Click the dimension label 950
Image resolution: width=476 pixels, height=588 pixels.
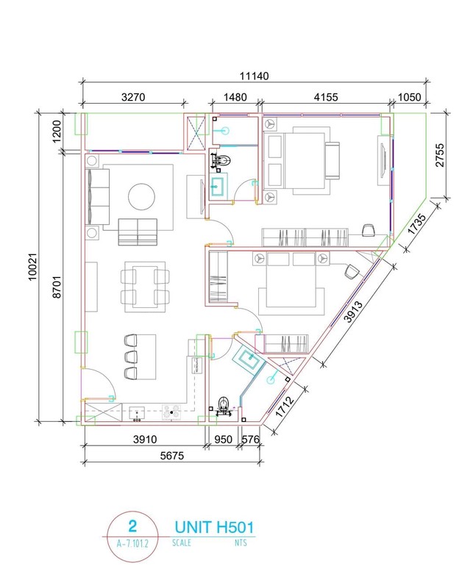coord(224,440)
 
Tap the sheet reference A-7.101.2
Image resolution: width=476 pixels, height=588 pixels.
coord(132,545)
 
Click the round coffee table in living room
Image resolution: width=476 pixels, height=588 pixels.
coord(141,197)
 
